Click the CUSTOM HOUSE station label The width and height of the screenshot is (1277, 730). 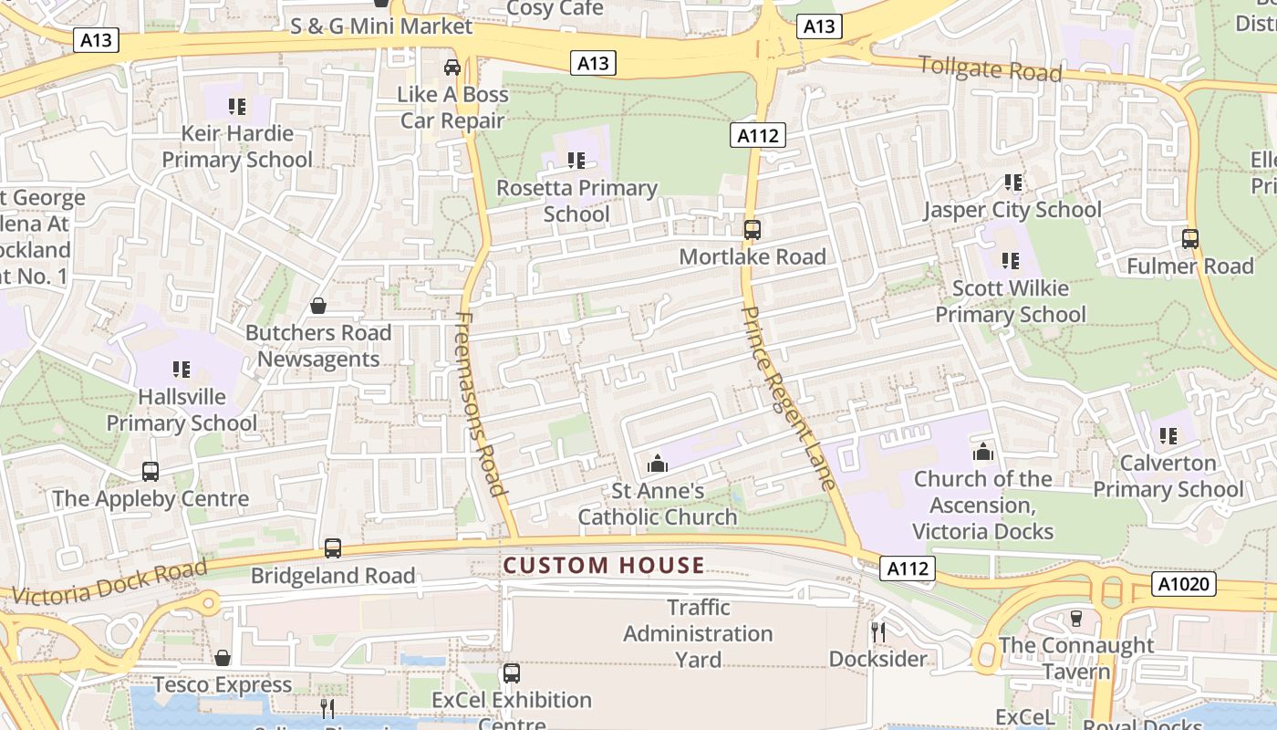pos(604,566)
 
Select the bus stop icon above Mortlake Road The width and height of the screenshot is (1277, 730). pos(752,230)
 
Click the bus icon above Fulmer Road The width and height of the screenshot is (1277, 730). pos(1189,239)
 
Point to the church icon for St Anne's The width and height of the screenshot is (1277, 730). pos(657,464)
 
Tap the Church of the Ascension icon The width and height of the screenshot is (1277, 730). pos(982,451)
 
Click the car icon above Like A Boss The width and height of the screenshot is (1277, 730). pos(452,67)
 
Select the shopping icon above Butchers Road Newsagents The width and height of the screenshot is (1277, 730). pos(318,305)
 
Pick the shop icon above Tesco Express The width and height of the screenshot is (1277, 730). pos(223,657)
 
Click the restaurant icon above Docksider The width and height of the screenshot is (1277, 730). pos(877,631)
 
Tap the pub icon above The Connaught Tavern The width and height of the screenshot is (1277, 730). pos(1075,618)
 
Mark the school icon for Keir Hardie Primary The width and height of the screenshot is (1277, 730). pos(237,106)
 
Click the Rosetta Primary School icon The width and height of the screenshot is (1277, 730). pos(576,161)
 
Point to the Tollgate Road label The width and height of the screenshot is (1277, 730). pos(990,68)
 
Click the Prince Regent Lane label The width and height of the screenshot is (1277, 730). pos(790,398)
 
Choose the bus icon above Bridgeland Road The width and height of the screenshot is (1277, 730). pos(333,548)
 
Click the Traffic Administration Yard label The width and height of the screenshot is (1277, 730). pos(698,633)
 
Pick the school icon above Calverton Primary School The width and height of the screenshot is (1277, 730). pos(1168,435)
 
